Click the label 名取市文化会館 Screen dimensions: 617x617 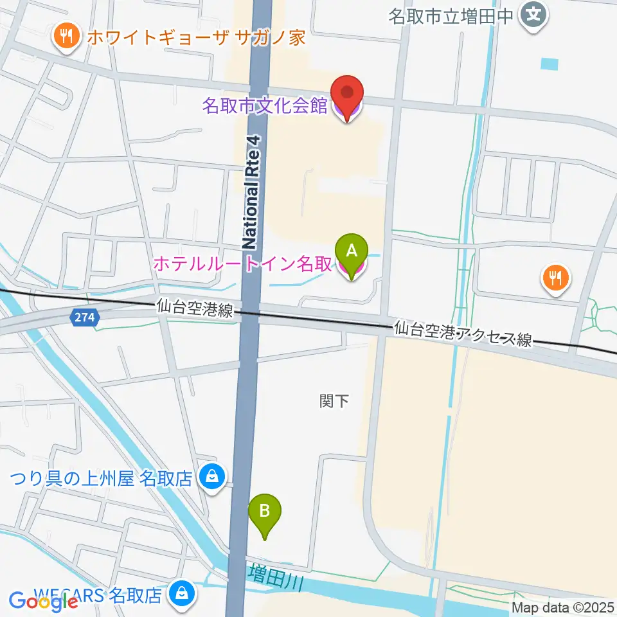click(x=265, y=106)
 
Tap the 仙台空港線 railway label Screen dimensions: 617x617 click(x=193, y=310)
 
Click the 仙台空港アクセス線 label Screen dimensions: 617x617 click(x=463, y=334)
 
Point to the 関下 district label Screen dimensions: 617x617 click(x=334, y=402)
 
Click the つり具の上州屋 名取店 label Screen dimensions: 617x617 click(x=102, y=478)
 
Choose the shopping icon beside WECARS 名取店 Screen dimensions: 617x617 click(x=182, y=594)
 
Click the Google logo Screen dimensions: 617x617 click(x=44, y=601)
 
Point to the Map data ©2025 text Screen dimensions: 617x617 click(x=564, y=607)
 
